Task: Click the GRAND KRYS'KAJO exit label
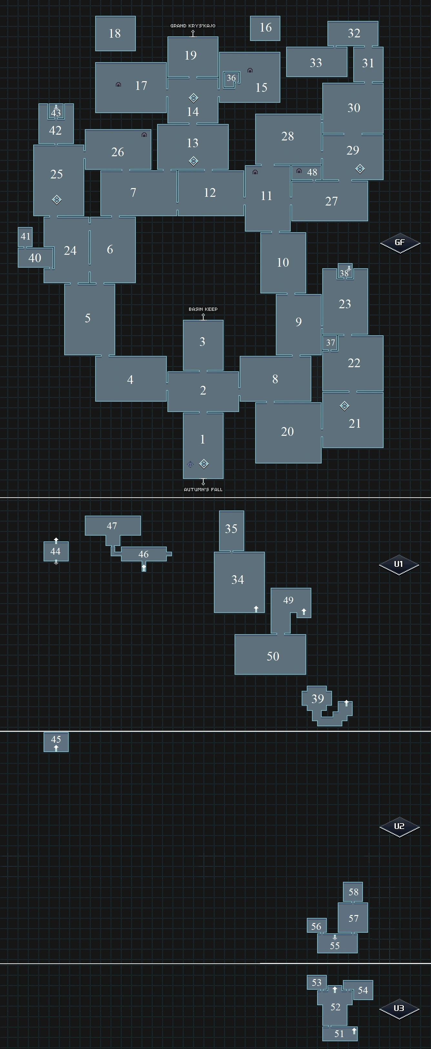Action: pyautogui.click(x=193, y=26)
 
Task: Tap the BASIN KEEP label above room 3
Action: pyautogui.click(x=203, y=309)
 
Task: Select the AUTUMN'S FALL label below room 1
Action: pyautogui.click(x=203, y=490)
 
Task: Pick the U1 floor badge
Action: pyautogui.click(x=399, y=564)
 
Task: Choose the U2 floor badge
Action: pyautogui.click(x=399, y=826)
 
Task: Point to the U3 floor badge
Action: pyautogui.click(x=399, y=1008)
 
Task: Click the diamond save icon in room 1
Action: pyautogui.click(x=204, y=464)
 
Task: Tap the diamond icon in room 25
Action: pyautogui.click(x=57, y=200)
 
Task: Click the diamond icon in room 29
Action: pyautogui.click(x=360, y=168)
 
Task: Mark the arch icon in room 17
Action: pyautogui.click(x=118, y=85)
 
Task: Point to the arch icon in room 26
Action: pyautogui.click(x=144, y=135)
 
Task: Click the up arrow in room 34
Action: pyautogui.click(x=256, y=609)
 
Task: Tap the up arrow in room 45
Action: pyautogui.click(x=56, y=748)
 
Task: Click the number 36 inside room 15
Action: pyautogui.click(x=231, y=78)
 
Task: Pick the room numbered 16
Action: pyautogui.click(x=265, y=28)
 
